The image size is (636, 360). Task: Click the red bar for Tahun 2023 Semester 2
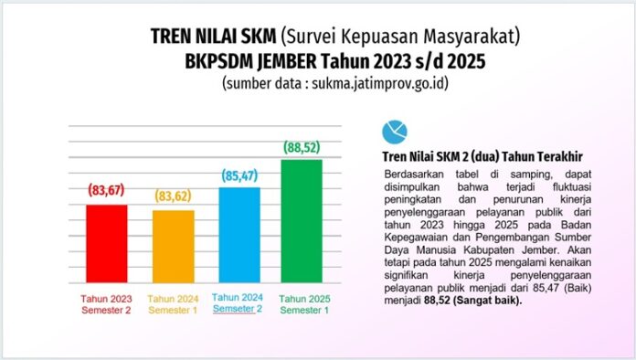(x=107, y=245)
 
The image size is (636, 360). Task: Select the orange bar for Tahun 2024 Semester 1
(x=173, y=248)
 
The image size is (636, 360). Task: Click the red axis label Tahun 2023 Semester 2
(x=108, y=304)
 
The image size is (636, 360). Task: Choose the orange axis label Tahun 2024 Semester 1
(x=172, y=304)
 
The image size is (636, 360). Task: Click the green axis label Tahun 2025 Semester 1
(x=305, y=304)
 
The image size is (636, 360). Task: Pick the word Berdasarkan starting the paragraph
(x=412, y=173)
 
